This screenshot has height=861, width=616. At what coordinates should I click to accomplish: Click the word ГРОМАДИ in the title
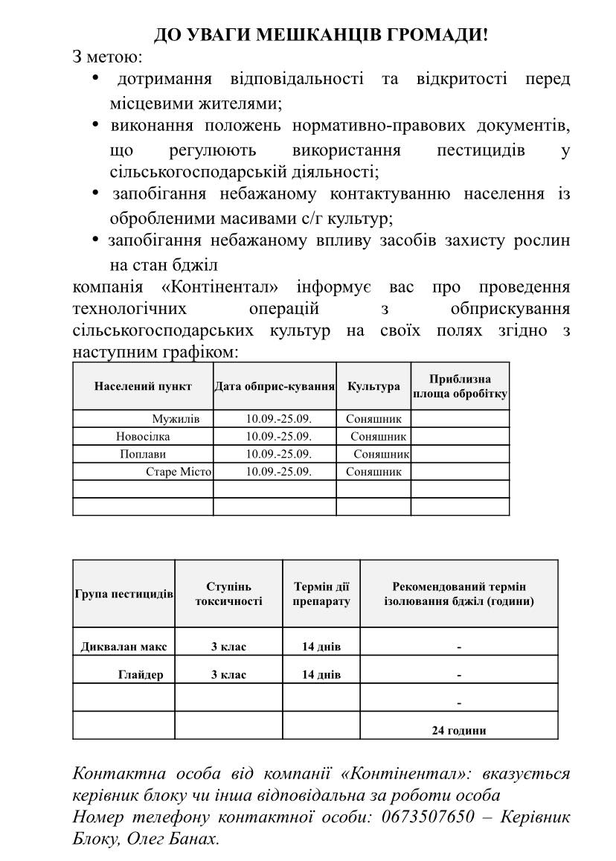point(437,35)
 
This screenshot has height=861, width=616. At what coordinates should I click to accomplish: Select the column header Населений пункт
point(143,386)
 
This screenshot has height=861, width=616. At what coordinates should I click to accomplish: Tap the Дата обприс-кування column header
point(275,386)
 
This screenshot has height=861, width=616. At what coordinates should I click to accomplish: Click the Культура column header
point(373,386)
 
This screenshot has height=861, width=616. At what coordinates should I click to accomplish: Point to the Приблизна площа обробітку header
point(460,386)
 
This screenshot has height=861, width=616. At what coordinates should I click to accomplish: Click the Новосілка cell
point(143,436)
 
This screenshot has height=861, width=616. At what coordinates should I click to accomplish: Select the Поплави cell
point(143,454)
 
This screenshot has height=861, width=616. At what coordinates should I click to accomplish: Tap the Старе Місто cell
point(179,472)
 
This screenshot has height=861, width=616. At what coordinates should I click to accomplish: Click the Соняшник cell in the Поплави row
point(382,454)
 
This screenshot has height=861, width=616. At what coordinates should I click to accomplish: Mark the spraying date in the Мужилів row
point(279,418)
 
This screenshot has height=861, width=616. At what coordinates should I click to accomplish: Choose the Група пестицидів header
point(124,594)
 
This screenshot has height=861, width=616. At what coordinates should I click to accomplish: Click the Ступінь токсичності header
point(228,594)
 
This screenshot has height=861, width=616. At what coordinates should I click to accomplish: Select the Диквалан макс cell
point(124,647)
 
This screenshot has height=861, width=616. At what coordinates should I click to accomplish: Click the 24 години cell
point(459,730)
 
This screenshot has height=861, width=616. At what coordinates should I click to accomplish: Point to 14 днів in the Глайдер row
point(321,675)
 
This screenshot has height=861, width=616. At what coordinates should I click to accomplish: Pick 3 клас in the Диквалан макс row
point(228,647)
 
